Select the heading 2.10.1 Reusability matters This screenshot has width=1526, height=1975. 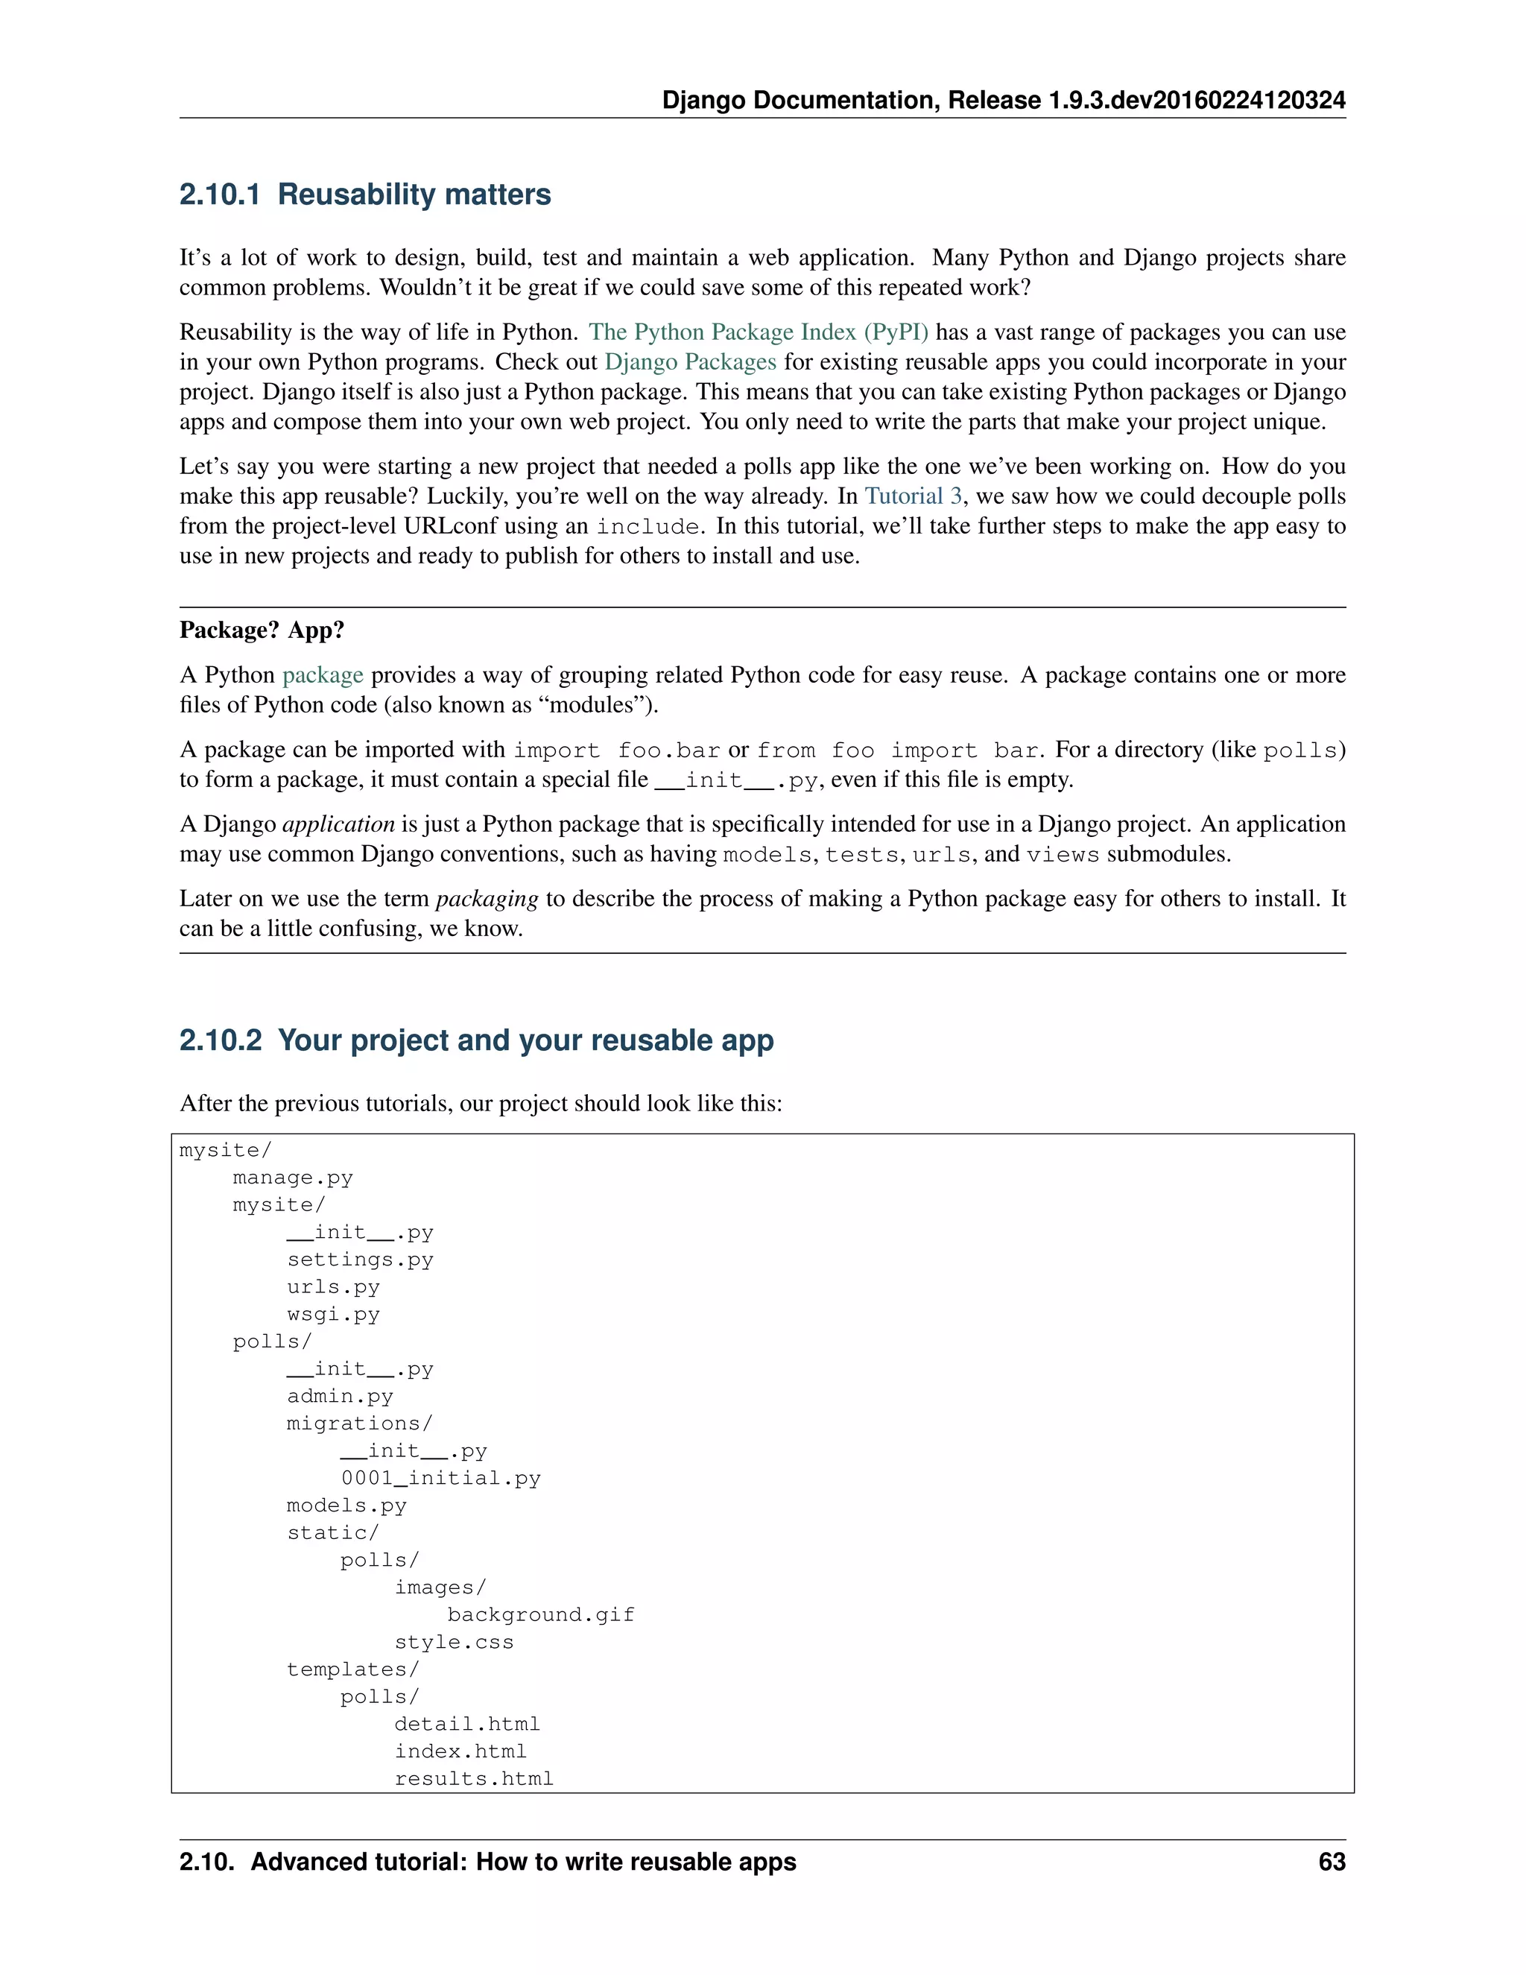coord(364,195)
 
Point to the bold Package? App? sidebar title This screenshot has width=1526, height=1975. coord(262,631)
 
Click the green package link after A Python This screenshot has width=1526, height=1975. coord(323,674)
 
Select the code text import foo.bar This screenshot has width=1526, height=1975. coord(616,750)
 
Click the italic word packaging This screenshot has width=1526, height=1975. coord(487,899)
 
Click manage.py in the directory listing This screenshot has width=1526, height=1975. coord(292,1178)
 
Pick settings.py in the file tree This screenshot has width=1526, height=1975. coord(360,1260)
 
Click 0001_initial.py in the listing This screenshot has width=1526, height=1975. coord(440,1479)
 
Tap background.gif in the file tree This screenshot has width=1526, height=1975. coord(541,1615)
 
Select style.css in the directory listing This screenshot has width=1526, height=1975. coord(454,1642)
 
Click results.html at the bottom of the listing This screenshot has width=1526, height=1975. coord(474,1779)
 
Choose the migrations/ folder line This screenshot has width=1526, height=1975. coord(359,1423)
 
